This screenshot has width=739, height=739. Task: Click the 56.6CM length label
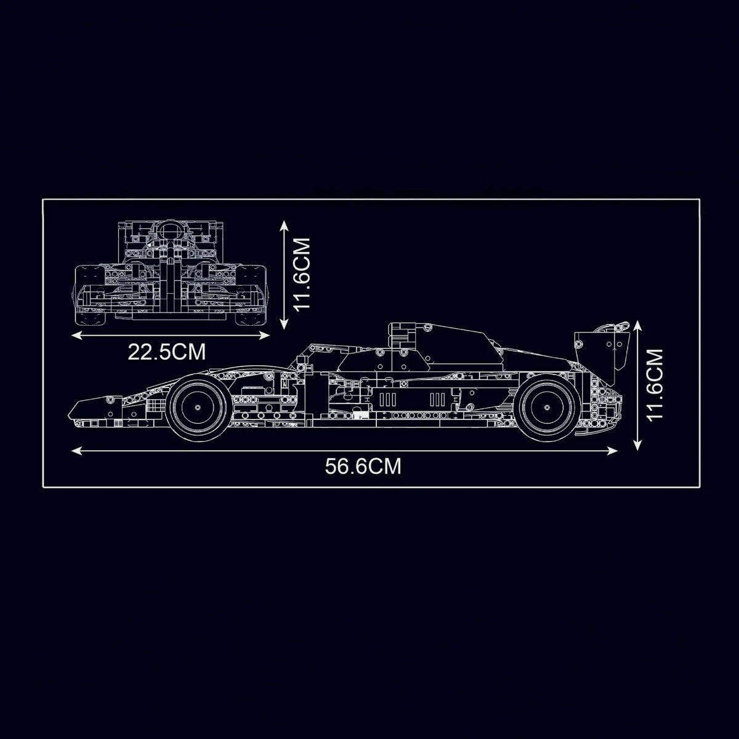pos(363,466)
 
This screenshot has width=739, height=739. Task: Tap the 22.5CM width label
pos(166,352)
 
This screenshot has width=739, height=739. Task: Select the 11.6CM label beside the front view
pos(301,274)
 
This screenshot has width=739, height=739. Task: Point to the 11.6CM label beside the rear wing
pos(655,386)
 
